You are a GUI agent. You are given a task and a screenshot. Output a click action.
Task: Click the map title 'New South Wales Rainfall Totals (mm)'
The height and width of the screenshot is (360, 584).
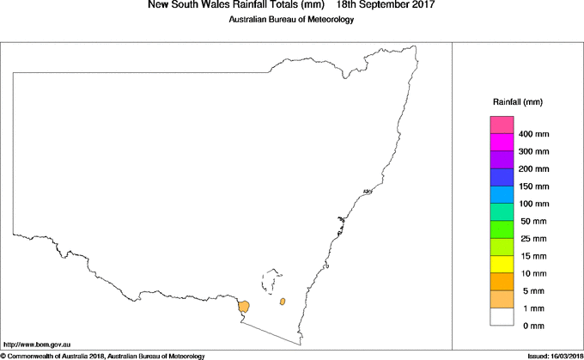[x=223, y=5]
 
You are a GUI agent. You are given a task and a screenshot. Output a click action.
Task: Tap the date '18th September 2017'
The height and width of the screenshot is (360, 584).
[x=386, y=5]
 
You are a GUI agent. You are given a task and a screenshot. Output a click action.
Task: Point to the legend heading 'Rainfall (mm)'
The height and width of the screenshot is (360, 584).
[x=517, y=101]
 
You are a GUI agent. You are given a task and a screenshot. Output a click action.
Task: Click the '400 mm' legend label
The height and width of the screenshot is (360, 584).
[x=534, y=134]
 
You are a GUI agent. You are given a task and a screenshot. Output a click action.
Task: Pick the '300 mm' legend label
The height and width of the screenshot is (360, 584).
[x=534, y=151]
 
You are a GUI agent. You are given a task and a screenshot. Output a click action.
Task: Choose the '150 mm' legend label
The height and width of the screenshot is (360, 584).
[x=534, y=186]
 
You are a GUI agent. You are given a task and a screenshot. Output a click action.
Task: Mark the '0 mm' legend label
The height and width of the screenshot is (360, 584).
[x=532, y=325]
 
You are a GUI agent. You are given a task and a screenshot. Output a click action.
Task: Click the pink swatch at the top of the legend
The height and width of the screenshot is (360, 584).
[x=502, y=125]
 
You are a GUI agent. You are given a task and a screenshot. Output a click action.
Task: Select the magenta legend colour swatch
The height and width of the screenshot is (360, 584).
[x=502, y=143]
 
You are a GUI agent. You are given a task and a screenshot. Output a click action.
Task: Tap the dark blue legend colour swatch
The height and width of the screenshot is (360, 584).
[x=502, y=178]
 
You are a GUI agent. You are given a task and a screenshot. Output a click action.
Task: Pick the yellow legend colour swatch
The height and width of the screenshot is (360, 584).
[x=502, y=265]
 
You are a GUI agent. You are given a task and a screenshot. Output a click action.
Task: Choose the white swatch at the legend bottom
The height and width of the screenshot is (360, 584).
[x=502, y=316]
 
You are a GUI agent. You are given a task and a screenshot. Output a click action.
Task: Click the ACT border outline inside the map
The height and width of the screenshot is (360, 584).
[x=274, y=281]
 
